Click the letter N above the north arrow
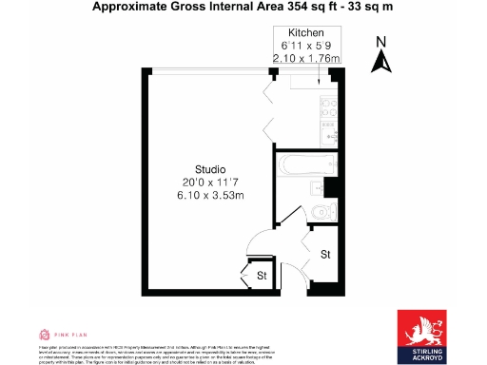coord(380,41)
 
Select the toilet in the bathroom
coord(321,210)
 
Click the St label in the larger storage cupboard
coord(324,255)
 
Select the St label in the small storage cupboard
coord(261,276)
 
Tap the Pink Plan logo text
coord(70,335)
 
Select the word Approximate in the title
coord(129,8)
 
